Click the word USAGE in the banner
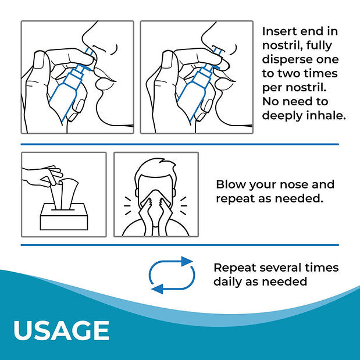[61, 330]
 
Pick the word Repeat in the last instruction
[235, 268]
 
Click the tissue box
[64, 216]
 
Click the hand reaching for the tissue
[41, 176]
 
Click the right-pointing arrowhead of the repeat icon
[187, 262]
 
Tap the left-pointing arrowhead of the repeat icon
[158, 289]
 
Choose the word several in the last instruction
[280, 268]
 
